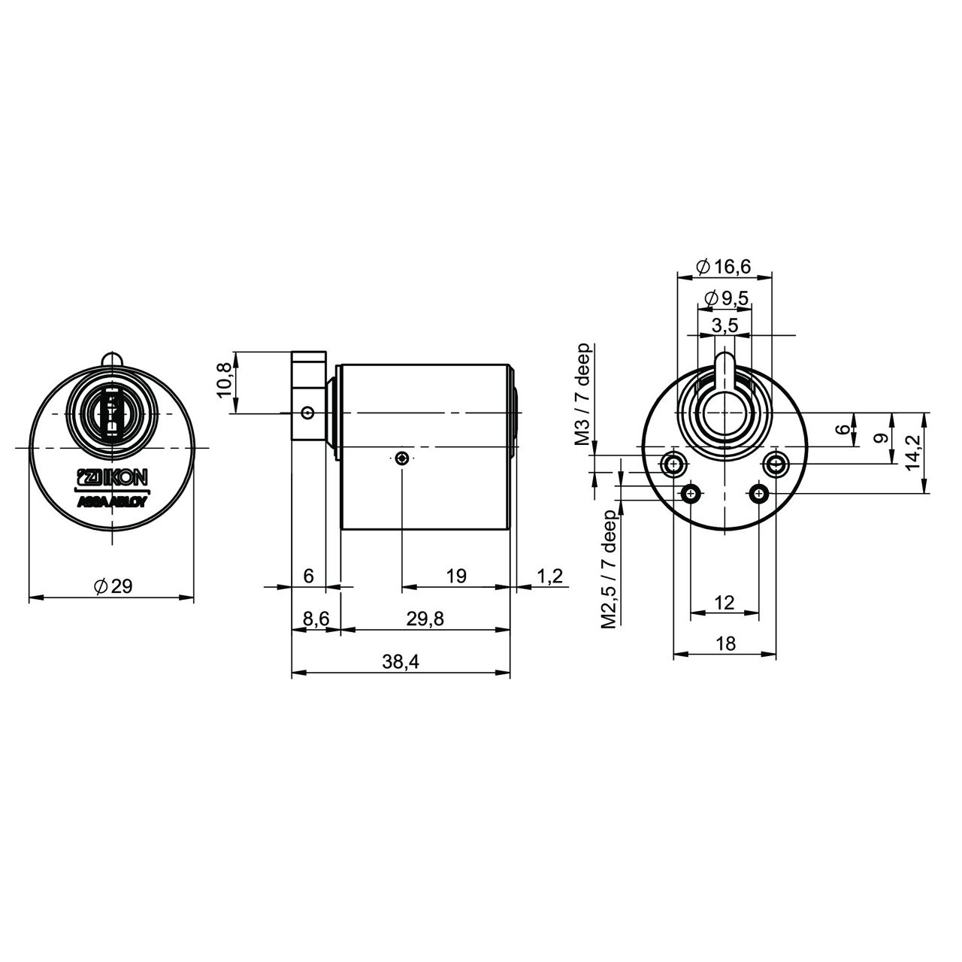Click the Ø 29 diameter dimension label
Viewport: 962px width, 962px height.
pos(113,585)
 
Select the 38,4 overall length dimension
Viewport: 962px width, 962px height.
pos(401,662)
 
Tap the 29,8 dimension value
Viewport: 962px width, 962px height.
pos(425,619)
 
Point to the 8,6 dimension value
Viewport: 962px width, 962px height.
pos(316,619)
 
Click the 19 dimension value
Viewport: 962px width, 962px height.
pos(455,576)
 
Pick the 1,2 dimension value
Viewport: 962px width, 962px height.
pos(549,576)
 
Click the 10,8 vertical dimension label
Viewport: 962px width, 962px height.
pos(224,380)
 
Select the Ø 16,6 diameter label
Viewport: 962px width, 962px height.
pos(723,267)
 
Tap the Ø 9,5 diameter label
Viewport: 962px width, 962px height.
pos(726,298)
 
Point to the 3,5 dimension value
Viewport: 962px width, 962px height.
pos(725,326)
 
